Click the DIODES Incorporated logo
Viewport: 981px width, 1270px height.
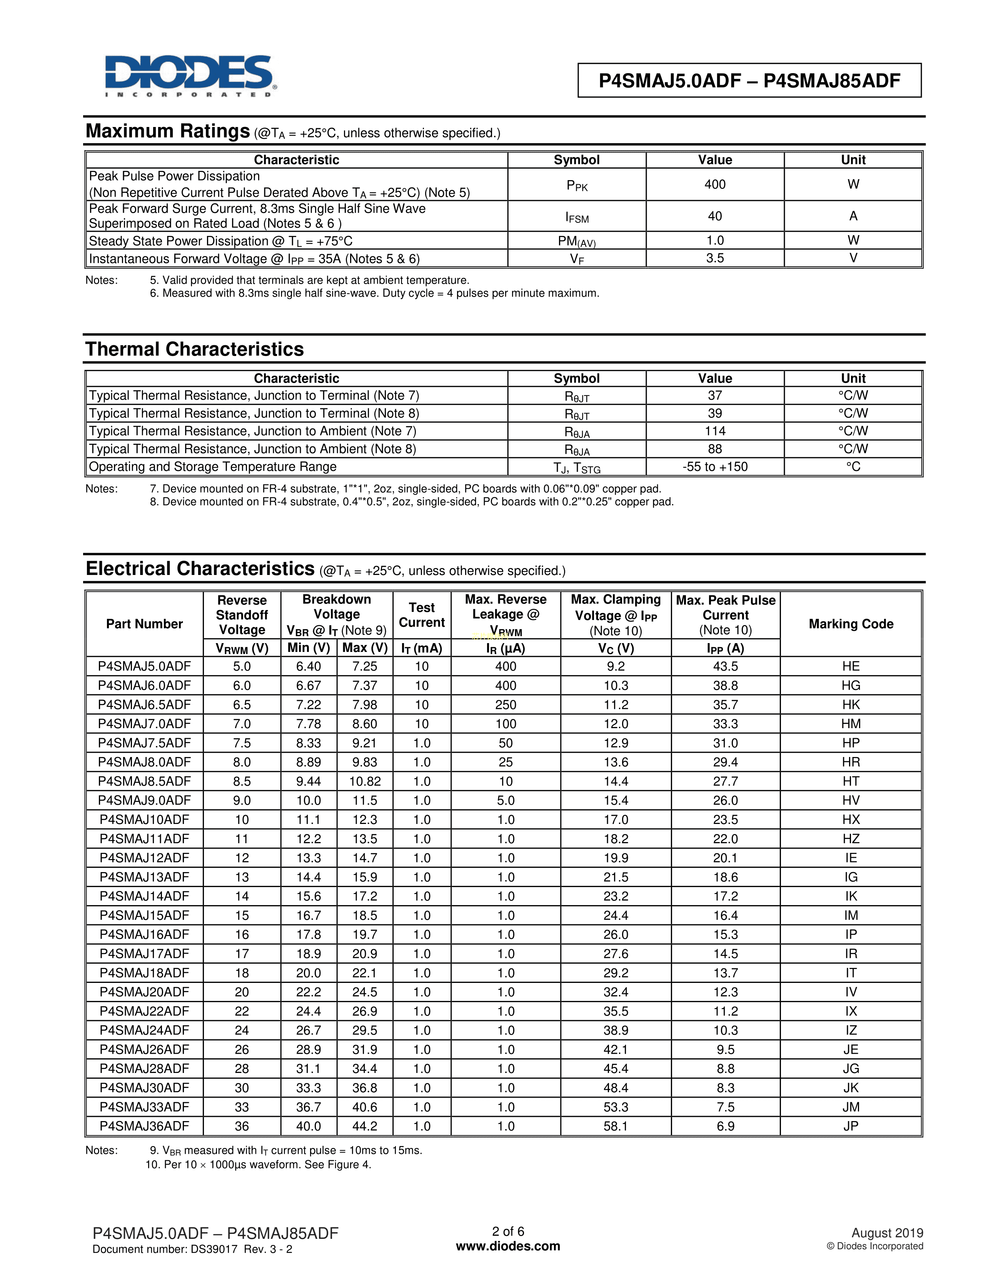click(x=190, y=76)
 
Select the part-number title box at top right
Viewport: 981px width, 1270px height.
click(x=749, y=80)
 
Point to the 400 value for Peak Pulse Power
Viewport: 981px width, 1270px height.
click(x=715, y=184)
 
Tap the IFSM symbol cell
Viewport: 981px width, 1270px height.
click(x=577, y=217)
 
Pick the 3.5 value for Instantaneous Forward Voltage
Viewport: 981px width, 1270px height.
click(x=715, y=258)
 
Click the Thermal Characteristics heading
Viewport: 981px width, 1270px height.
click(x=195, y=349)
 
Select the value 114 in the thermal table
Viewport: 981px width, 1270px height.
click(x=715, y=431)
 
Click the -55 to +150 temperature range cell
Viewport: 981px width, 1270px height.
click(x=715, y=467)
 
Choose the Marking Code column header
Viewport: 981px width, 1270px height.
click(x=851, y=624)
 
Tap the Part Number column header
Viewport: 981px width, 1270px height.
click(x=144, y=624)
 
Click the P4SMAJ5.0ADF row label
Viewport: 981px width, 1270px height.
click(x=144, y=667)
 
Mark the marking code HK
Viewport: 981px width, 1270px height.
click(x=851, y=705)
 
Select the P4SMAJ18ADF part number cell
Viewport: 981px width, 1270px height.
click(x=144, y=973)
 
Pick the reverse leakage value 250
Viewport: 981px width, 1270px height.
click(x=506, y=705)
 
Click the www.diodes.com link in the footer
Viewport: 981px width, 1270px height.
click(x=508, y=1246)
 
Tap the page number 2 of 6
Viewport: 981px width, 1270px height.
click(x=508, y=1232)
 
